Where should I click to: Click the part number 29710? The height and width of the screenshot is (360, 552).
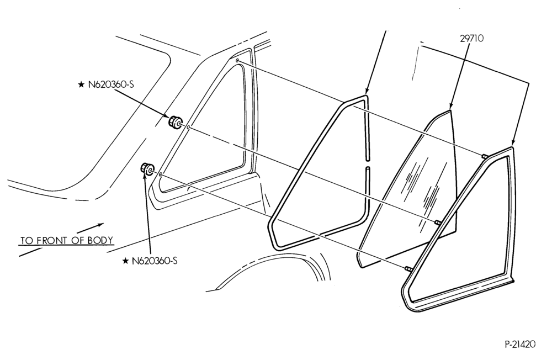coord(472,38)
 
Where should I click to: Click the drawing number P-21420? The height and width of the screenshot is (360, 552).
coord(519,344)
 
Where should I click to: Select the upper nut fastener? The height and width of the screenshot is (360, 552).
coord(174,122)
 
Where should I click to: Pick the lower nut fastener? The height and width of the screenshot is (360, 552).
coord(147,169)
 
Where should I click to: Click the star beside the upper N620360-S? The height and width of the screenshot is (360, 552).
coord(81,84)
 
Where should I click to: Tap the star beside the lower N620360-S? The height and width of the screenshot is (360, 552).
coord(125,261)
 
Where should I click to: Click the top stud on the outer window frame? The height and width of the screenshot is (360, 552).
coord(485,156)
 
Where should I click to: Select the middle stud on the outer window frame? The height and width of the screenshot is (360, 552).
coord(438,222)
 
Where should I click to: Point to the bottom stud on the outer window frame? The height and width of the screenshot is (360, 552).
coord(408,269)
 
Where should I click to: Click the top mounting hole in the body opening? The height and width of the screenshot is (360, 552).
coord(237,61)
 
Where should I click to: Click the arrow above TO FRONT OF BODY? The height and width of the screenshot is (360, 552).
coord(90,227)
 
